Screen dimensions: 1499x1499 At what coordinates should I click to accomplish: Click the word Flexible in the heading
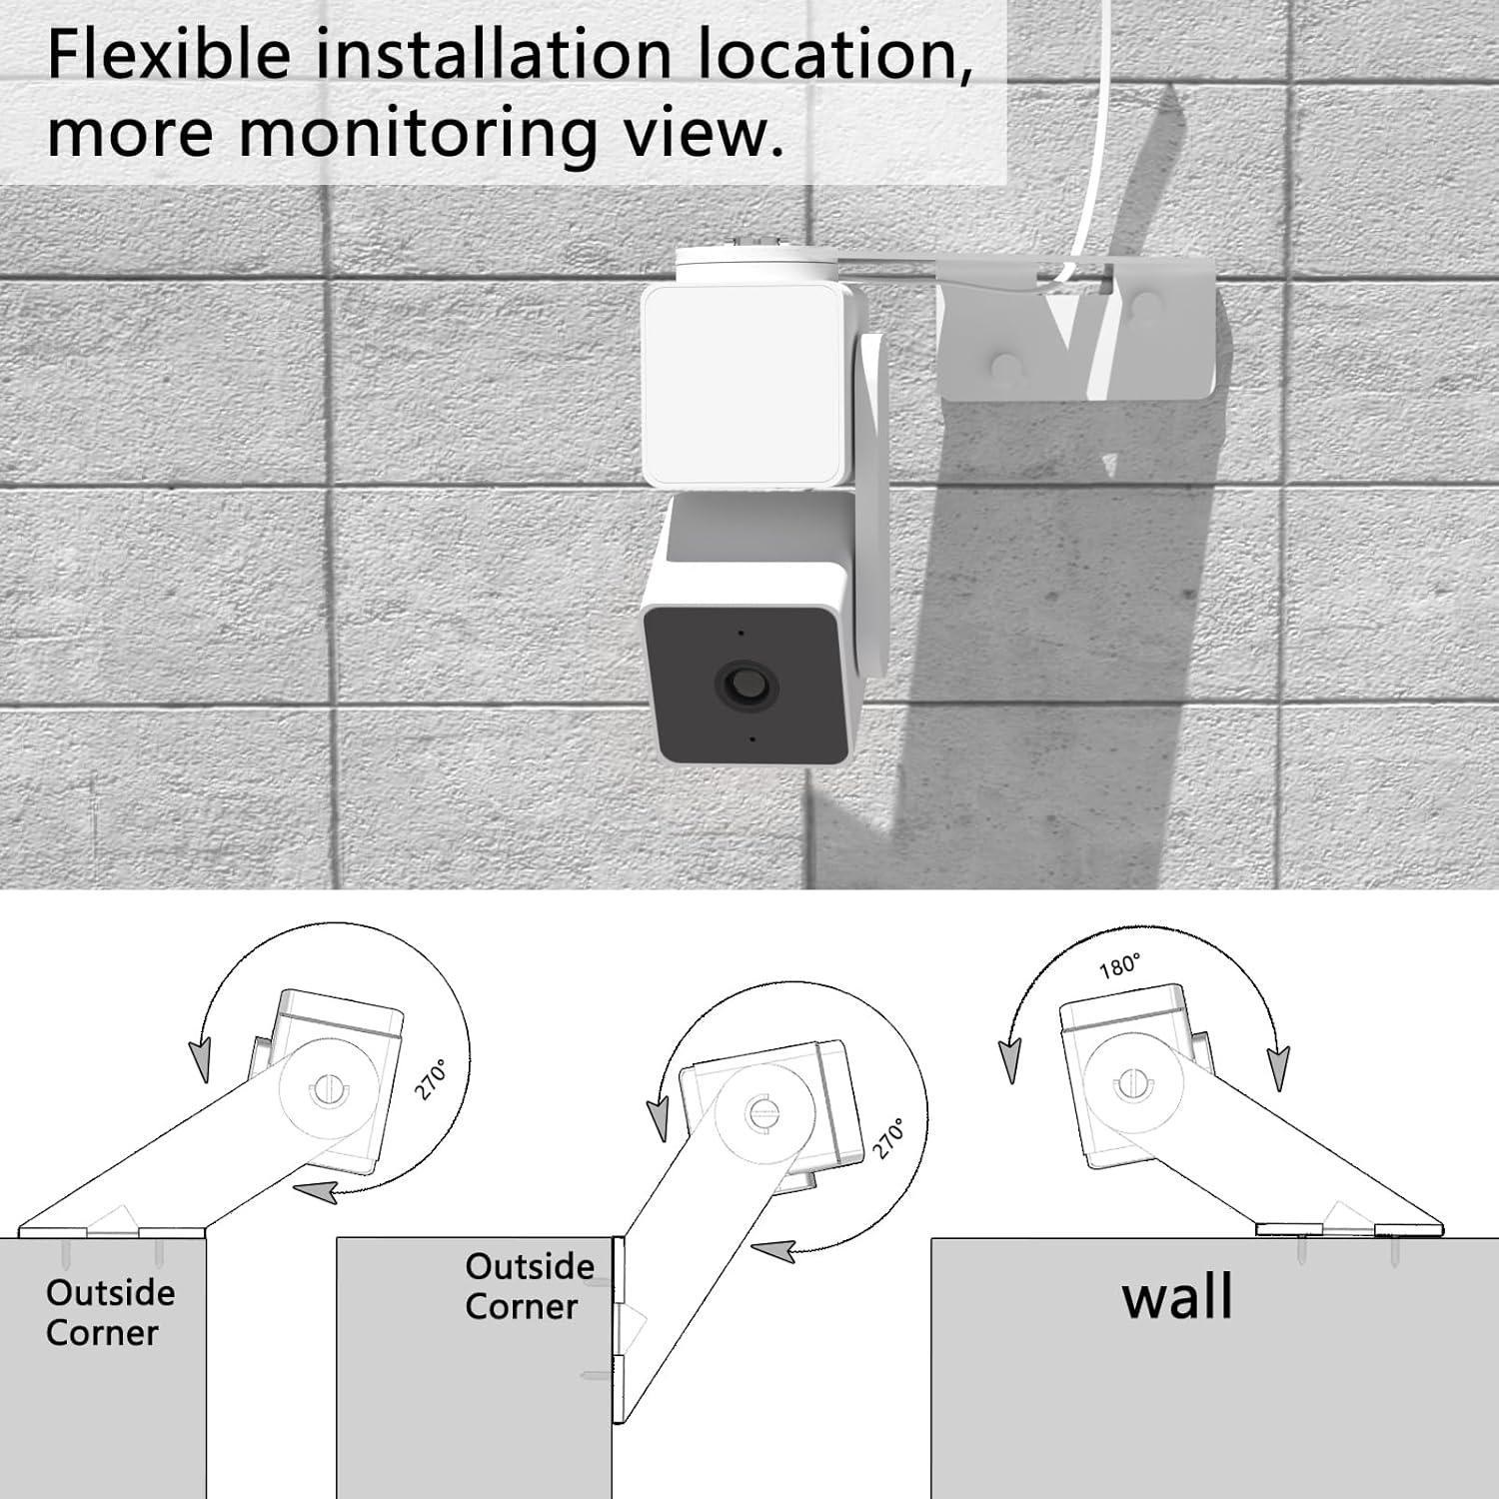pyautogui.click(x=170, y=55)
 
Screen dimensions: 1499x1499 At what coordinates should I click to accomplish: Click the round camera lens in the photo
pyautogui.click(x=745, y=687)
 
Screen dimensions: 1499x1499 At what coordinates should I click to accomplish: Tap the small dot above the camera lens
pyautogui.click(x=741, y=633)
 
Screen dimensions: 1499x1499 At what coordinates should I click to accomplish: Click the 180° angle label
pyautogui.click(x=1119, y=966)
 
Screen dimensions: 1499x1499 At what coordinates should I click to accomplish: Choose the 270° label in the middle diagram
pyautogui.click(x=888, y=1138)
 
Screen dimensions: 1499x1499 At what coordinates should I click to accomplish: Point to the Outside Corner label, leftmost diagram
pyautogui.click(x=109, y=1312)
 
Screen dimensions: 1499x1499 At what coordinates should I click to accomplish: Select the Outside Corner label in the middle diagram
pyautogui.click(x=529, y=1286)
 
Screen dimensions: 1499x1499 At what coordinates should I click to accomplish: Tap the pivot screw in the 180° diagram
pyautogui.click(x=1131, y=1083)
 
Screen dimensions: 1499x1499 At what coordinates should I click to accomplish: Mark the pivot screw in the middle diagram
pyautogui.click(x=762, y=1111)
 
